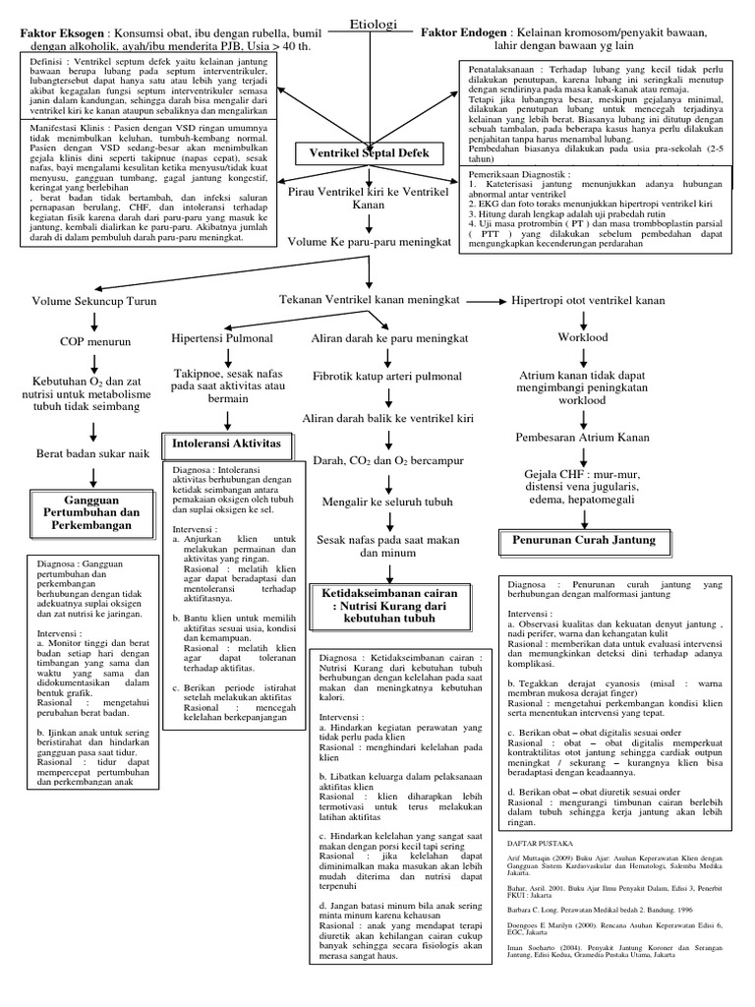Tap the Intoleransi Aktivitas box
pyautogui.click(x=227, y=444)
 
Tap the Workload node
pyautogui.click(x=582, y=337)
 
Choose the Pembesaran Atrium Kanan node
pyautogui.click(x=582, y=437)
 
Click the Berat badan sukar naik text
pyautogui.click(x=92, y=453)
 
